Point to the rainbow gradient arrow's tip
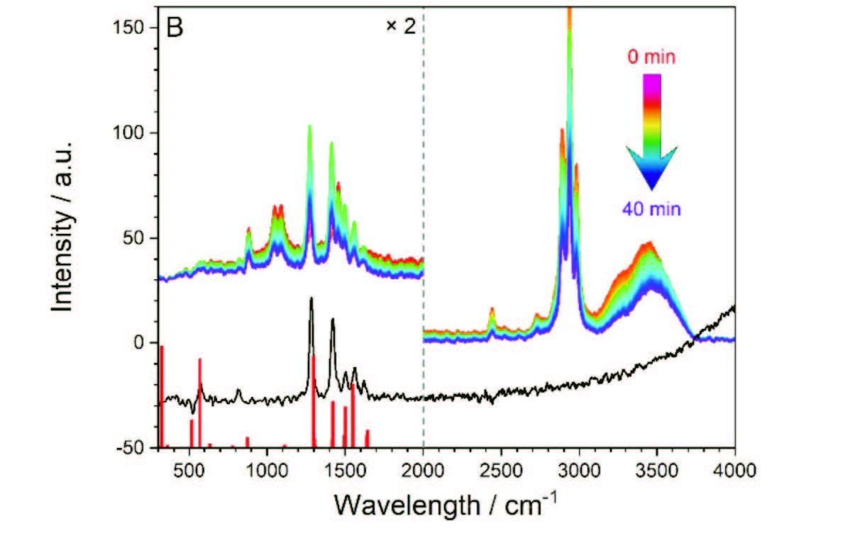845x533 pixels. click(651, 189)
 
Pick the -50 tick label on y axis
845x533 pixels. click(130, 448)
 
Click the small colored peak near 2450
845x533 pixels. click(492, 310)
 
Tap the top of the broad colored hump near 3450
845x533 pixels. click(647, 244)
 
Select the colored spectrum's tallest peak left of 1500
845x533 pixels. click(309, 127)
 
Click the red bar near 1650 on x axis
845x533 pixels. click(367, 439)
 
